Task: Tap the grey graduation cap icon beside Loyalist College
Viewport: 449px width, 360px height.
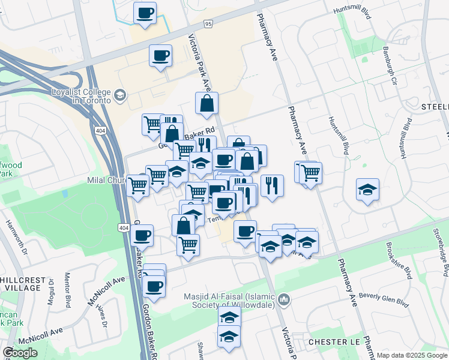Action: pyautogui.click(x=120, y=95)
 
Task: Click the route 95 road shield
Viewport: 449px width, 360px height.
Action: pyautogui.click(x=208, y=24)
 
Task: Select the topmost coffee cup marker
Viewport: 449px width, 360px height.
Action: pyautogui.click(x=144, y=13)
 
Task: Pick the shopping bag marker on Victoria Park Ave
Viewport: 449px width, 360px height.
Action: pyautogui.click(x=206, y=103)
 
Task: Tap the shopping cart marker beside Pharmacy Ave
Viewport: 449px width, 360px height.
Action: pyautogui.click(x=310, y=173)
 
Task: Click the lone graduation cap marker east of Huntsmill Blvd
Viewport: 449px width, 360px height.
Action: pyautogui.click(x=367, y=190)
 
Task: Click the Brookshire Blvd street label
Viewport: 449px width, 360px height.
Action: pyautogui.click(x=399, y=261)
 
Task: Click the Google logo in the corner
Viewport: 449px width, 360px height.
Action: pyautogui.click(x=19, y=353)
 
